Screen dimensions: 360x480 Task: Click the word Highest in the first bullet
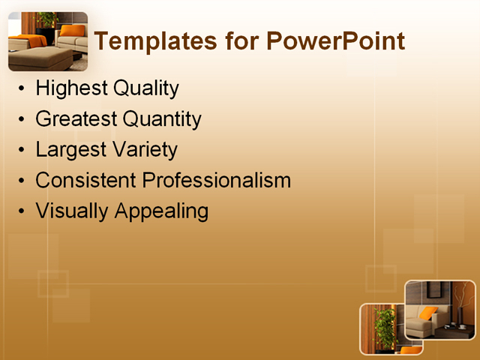pos(71,88)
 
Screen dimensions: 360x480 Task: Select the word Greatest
pos(76,119)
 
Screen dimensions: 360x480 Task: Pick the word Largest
pos(70,150)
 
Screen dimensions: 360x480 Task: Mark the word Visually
pos(72,211)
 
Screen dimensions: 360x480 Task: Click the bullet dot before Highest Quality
pos(22,90)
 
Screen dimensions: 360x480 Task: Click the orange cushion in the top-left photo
pos(73,31)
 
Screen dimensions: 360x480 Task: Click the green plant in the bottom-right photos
pos(385,326)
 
